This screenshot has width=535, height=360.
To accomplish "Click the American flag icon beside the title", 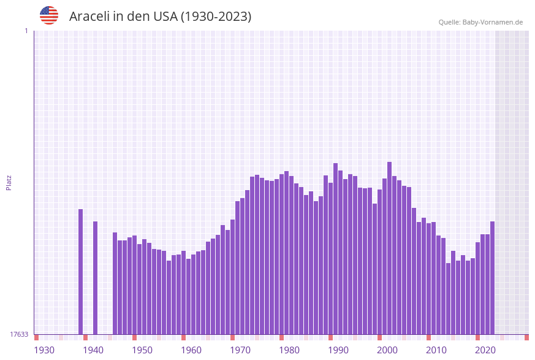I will point(49,15).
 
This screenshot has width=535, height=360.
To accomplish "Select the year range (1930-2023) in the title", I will point(216,17).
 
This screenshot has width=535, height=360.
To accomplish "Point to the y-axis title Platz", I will point(9,182).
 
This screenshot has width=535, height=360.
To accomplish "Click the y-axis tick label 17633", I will point(19,334).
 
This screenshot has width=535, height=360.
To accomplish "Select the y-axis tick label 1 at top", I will point(26,31).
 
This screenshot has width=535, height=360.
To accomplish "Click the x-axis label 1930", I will point(44,350).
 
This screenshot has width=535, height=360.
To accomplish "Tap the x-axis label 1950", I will point(142,350).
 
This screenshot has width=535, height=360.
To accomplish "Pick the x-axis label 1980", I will point(289,350).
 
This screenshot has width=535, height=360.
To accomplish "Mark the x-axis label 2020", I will point(485,350).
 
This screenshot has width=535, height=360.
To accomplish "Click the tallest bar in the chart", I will point(389,248).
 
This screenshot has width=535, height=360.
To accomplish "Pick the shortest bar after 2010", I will point(448,299).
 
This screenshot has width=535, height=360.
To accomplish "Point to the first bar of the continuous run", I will point(115,283).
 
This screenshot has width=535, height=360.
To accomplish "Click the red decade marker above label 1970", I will point(232,337).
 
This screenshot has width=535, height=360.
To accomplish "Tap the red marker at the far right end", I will point(526,337).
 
